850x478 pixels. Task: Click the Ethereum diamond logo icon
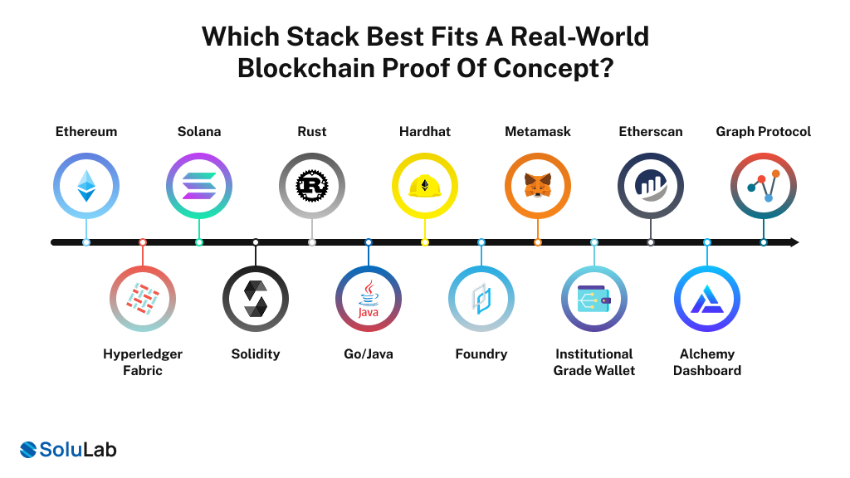coord(86,186)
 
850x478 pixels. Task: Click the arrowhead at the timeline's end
coord(794,242)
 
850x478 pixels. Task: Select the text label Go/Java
coord(369,354)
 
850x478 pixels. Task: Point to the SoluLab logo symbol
coord(30,450)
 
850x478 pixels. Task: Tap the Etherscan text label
coord(651,132)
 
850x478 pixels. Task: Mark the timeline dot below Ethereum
coord(86,242)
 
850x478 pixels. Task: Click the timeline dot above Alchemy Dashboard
coord(707,242)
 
